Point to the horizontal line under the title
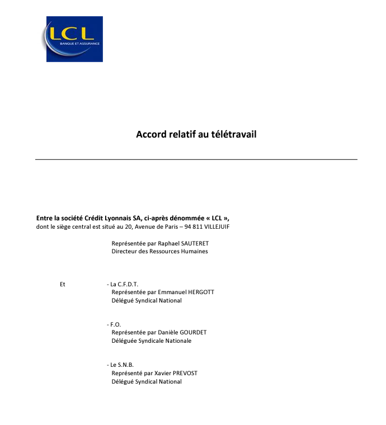(196, 159)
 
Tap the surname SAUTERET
(193, 243)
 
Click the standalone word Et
(63, 284)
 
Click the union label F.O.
(115, 324)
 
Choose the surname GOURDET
(192, 332)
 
